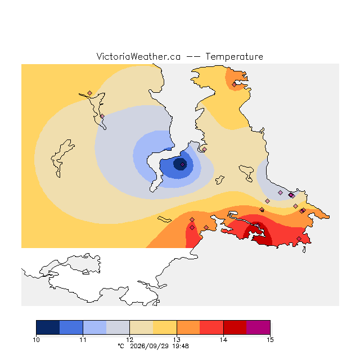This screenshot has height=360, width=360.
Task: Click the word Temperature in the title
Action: click(234, 57)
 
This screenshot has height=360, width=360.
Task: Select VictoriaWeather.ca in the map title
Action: click(138, 57)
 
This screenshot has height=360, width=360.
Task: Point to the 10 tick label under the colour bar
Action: click(36, 340)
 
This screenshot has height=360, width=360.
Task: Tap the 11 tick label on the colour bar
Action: click(83, 340)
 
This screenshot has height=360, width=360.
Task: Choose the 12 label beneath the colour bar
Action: click(130, 340)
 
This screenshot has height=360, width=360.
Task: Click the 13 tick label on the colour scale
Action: click(177, 340)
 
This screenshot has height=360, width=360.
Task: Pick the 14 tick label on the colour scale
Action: click(223, 340)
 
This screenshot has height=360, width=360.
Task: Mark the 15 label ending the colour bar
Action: click(270, 340)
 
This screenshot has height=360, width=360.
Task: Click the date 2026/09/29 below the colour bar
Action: click(150, 346)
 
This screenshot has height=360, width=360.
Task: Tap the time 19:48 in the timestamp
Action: click(181, 346)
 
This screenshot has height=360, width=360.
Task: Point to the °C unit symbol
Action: click(121, 346)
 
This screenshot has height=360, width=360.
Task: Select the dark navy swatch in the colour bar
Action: click(48, 327)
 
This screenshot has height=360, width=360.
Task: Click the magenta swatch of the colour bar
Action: click(258, 327)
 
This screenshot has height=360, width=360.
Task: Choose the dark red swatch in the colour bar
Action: click(235, 327)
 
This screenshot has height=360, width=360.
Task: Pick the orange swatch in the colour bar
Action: click(188, 327)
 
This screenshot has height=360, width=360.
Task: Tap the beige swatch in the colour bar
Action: click(141, 327)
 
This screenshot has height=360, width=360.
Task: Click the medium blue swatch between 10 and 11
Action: click(71, 327)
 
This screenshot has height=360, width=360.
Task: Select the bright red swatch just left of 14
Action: click(211, 327)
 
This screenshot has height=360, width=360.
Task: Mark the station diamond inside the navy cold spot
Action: click(182, 164)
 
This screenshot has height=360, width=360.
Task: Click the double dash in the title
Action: click(193, 57)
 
